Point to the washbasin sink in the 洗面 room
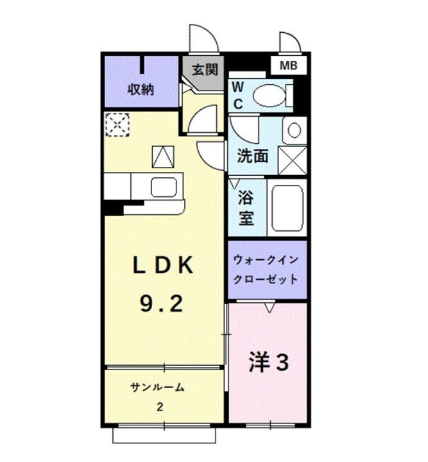[x=294, y=130]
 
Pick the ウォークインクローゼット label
[x=265, y=270]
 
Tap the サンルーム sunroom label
[x=157, y=388]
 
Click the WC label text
[x=237, y=96]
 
